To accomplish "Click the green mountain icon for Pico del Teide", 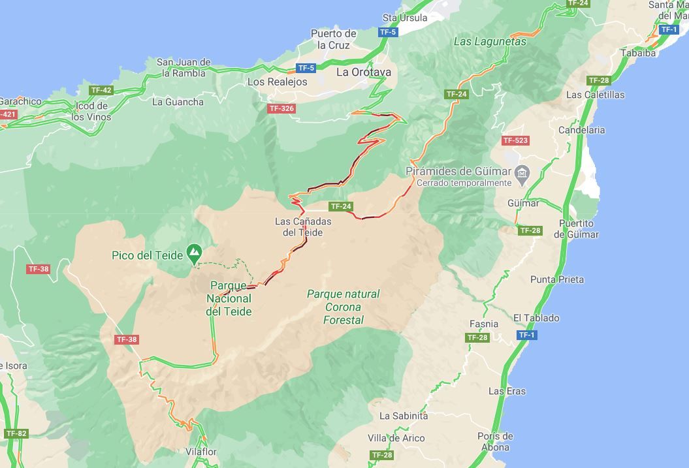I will [194, 252].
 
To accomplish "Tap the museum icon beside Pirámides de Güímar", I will [521, 172].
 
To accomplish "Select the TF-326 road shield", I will [281, 108].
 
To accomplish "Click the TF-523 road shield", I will [515, 140].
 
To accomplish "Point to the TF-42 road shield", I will [101, 91].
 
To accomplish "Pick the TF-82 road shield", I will [16, 433].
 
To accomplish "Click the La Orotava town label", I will [364, 72].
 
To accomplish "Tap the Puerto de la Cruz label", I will [334, 39].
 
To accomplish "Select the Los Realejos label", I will [277, 82].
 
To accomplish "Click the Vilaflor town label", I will [200, 452].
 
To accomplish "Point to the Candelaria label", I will [581, 130].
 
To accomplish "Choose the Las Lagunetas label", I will [490, 41].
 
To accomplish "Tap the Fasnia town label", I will [484, 324].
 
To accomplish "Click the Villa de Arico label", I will [396, 438].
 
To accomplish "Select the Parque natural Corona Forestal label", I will [344, 307].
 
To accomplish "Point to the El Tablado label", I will [536, 318].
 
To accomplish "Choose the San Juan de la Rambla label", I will [184, 67].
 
